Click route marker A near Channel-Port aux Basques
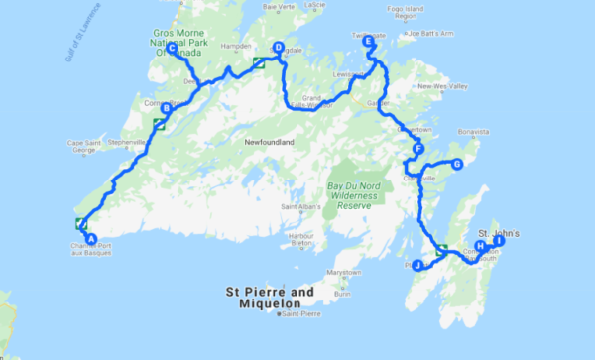tap(90, 238)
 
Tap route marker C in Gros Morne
tap(172, 49)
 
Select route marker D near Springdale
tap(278, 47)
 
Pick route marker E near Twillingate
tap(369, 43)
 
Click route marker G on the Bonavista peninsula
tap(457, 165)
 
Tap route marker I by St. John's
tap(499, 241)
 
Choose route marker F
tap(419, 151)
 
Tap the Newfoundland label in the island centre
tap(271, 143)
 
